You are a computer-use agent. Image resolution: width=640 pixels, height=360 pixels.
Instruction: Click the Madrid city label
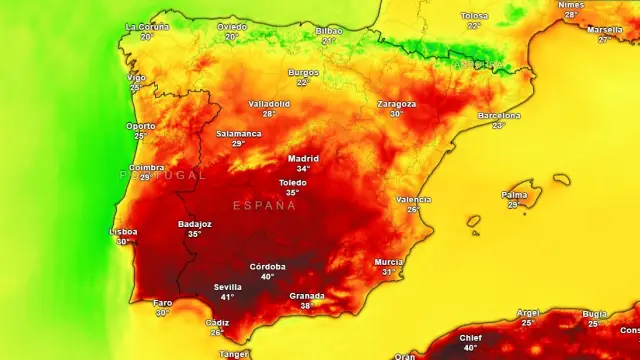click(303, 158)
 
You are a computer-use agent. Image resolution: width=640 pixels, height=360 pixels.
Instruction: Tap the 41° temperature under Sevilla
click(227, 297)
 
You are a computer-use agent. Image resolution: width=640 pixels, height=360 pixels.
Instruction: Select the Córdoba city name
click(267, 266)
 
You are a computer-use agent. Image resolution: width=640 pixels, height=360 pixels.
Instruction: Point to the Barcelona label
click(498, 115)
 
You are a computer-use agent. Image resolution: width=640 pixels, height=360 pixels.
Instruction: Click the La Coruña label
click(147, 26)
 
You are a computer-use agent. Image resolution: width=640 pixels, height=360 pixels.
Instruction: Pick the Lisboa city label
click(124, 231)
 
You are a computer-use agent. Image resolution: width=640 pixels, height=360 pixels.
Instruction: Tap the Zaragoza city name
click(397, 103)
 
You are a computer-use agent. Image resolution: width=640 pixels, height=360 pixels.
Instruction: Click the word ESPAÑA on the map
click(264, 205)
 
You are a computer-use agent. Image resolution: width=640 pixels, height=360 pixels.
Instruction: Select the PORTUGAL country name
click(163, 174)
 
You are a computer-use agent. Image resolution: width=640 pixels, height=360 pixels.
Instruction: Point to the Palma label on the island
click(514, 195)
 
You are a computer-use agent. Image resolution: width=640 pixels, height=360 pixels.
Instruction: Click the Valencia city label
click(413, 199)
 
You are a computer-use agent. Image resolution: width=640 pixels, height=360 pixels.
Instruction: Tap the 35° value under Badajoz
click(194, 234)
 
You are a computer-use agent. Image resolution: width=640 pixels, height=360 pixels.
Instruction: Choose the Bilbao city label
click(328, 31)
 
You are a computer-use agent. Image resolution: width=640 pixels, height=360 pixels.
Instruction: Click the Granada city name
click(307, 295)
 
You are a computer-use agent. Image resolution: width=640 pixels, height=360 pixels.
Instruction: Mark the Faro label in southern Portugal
click(162, 302)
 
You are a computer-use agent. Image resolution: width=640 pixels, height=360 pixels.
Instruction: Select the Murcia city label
click(389, 261)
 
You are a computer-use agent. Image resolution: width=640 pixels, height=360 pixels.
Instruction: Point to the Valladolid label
click(269, 103)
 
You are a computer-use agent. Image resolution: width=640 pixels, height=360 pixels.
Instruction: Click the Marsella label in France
click(604, 29)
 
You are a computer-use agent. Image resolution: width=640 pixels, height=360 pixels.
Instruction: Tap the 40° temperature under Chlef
click(470, 348)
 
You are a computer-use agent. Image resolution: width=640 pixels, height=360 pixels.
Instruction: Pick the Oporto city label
click(140, 126)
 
